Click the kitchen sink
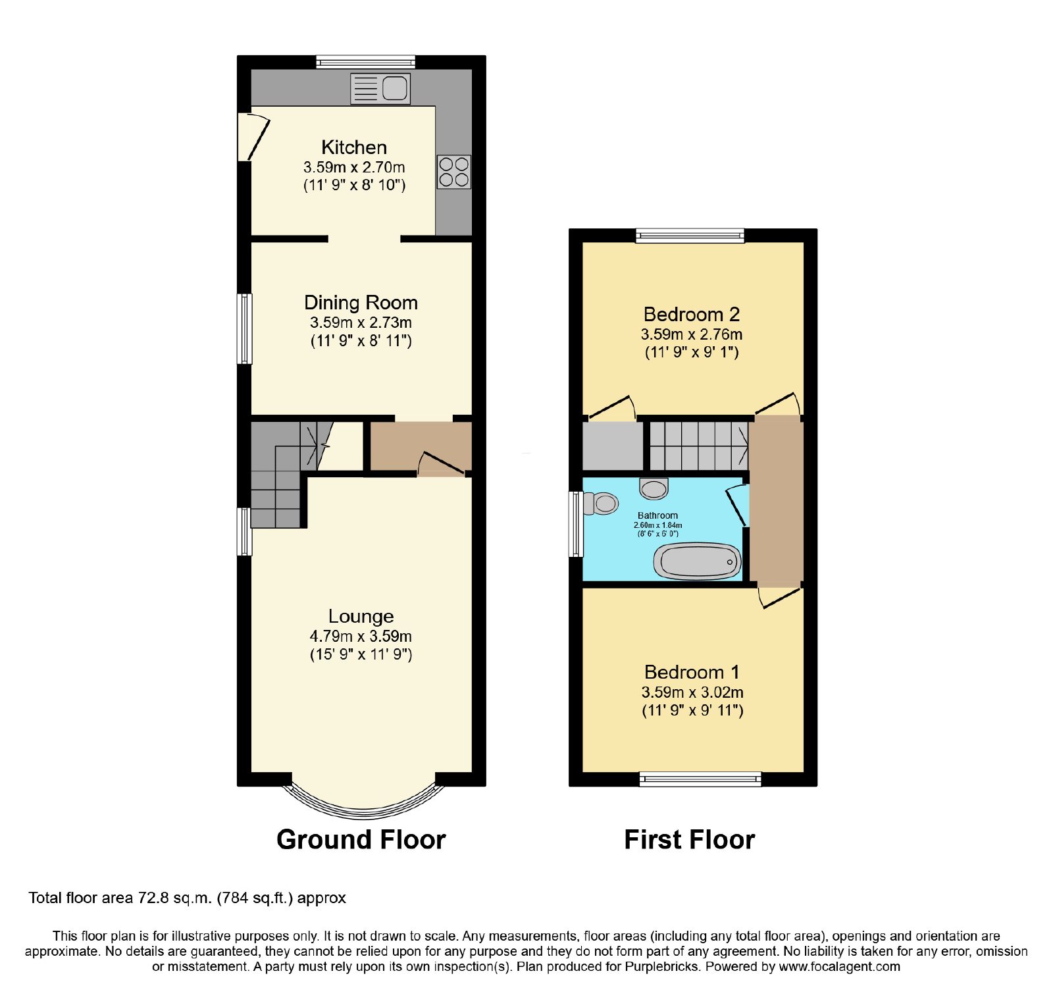380,88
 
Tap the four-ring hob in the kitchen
454,172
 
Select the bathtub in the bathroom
698,561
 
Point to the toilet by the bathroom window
601,504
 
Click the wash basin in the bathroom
654,488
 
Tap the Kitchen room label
354,147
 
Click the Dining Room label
361,303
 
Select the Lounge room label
361,616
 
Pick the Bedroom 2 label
692,315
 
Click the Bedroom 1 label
692,672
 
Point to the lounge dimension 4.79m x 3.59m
361,637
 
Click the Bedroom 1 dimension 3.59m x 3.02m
692,692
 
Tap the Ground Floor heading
361,840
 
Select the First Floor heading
689,840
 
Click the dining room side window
244,328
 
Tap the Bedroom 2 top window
690,236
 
